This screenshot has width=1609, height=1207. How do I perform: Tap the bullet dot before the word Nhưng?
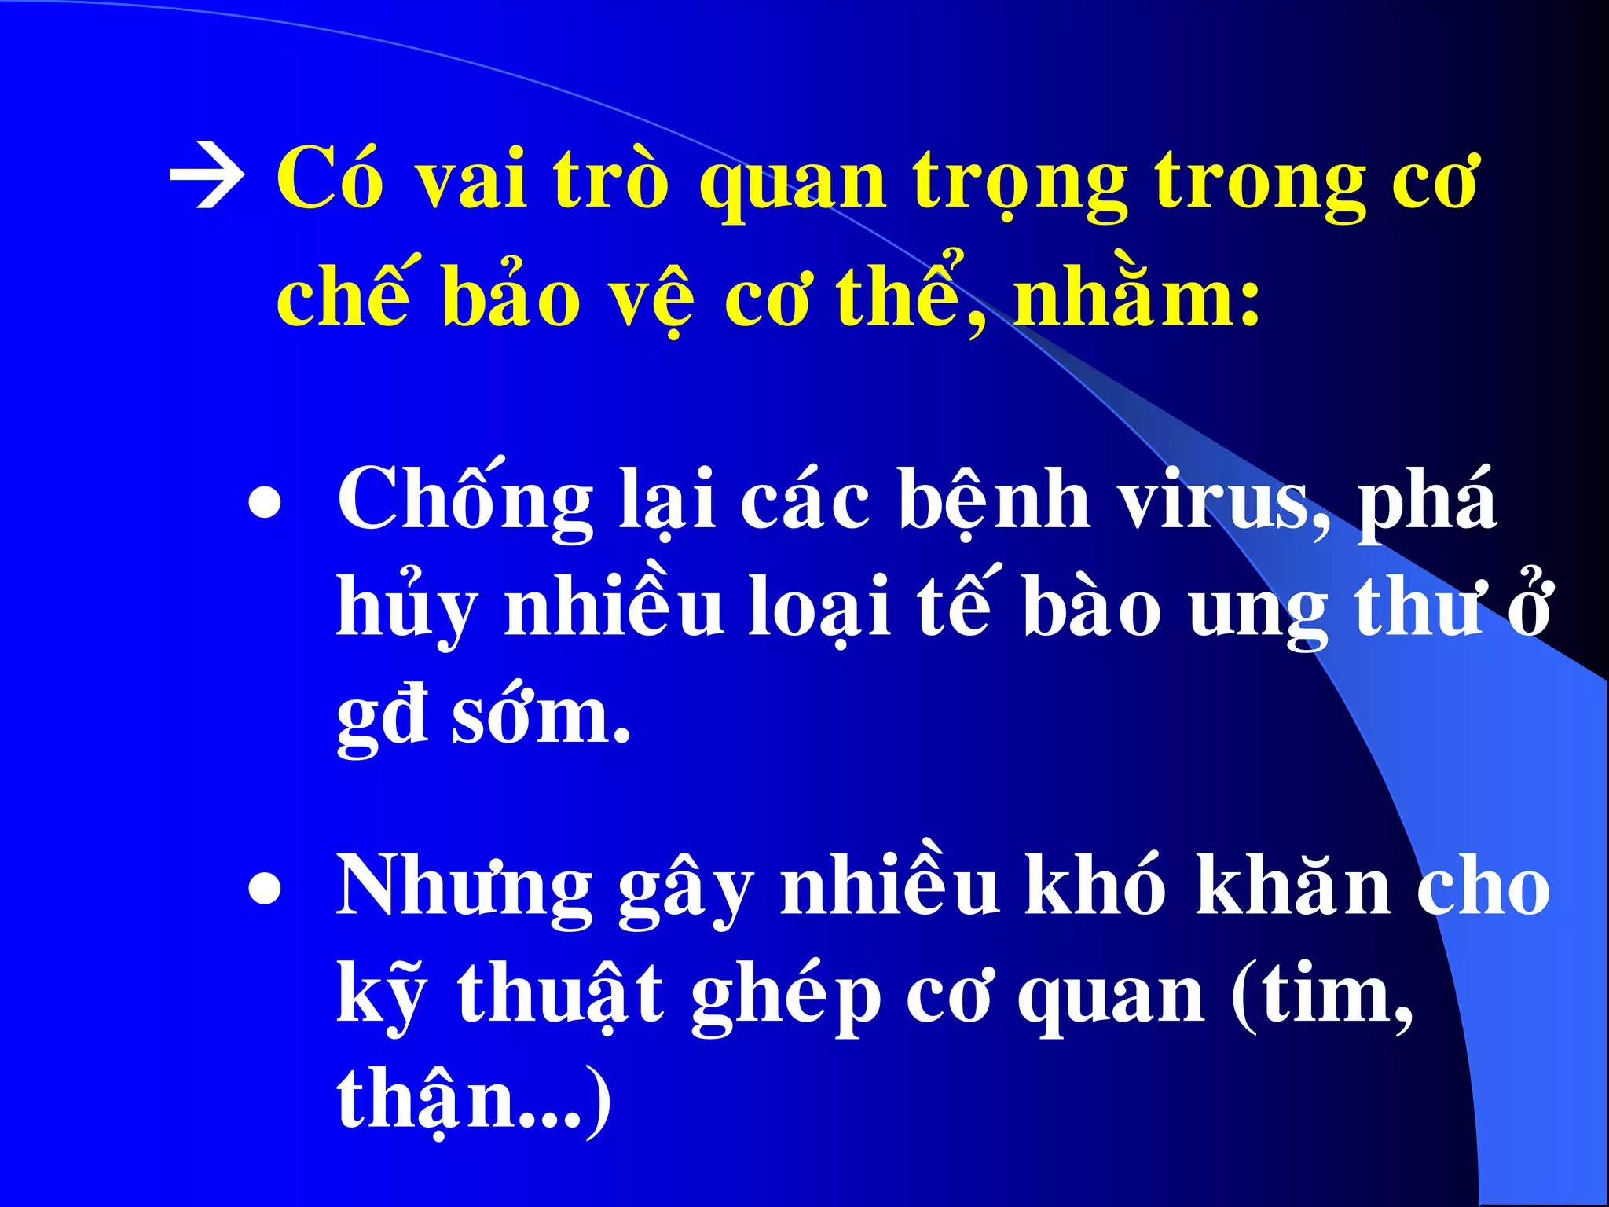(265, 890)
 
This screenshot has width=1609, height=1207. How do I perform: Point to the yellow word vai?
(470, 181)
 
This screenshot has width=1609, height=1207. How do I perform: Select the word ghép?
(786, 996)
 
